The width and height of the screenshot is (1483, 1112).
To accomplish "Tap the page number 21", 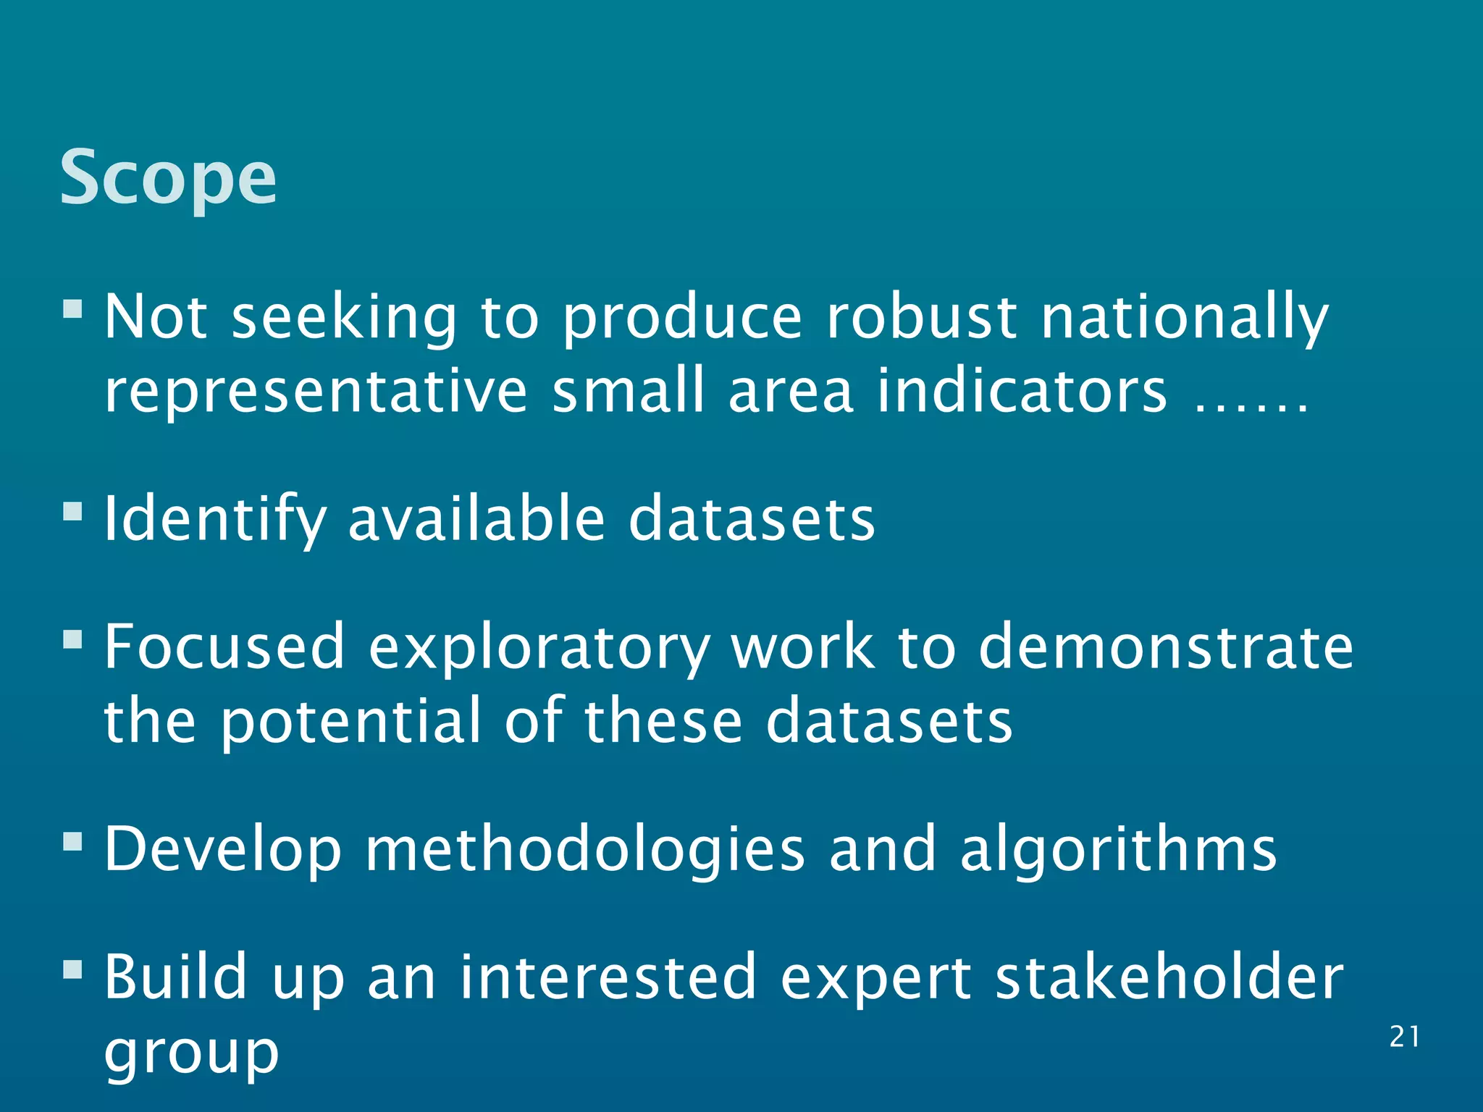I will coord(1404,1037).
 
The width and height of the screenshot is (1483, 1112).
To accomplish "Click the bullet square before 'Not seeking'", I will coord(72,310).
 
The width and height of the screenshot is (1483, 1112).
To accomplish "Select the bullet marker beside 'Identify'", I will coord(72,512).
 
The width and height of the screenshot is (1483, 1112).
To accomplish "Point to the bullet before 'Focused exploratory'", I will coord(72,639).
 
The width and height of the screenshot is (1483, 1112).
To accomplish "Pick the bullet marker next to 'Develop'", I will coord(72,841).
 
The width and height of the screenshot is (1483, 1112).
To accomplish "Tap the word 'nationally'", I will coord(1185,319).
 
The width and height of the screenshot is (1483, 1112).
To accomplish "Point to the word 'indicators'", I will coord(1022,390).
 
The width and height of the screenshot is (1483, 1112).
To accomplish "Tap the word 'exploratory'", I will coord(539,649).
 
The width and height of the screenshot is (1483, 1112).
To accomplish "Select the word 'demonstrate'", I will coord(1166,647).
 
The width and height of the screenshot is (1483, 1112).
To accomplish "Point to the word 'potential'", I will coord(350,722).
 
